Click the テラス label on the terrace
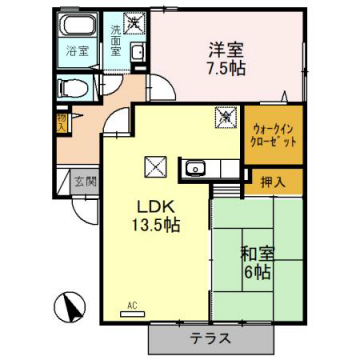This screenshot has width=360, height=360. (x=209, y=338)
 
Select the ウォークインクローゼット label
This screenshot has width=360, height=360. (x=267, y=134)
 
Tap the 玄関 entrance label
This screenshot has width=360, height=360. (x=84, y=182)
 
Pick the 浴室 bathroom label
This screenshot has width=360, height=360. (x=76, y=48)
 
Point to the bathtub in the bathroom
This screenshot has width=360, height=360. (x=76, y=26)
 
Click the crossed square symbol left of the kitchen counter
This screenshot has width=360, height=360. (x=155, y=166)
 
